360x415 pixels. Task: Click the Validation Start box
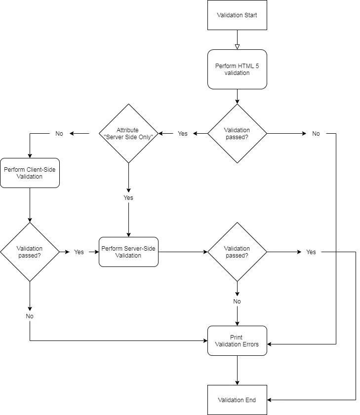coord(237,15)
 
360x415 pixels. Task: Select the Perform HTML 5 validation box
coord(237,69)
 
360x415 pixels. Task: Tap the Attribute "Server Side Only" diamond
coord(128,133)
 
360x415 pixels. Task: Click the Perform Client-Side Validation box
coord(30,173)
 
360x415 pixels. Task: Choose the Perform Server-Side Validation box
coord(128,252)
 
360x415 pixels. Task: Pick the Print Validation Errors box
coord(237,340)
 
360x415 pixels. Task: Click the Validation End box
coord(237,400)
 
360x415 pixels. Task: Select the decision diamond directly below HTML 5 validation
coord(237,133)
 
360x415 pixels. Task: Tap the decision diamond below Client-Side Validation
coord(30,252)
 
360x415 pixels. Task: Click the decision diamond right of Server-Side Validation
coord(237,252)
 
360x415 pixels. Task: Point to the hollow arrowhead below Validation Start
coord(237,46)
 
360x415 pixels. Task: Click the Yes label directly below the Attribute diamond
coord(128,197)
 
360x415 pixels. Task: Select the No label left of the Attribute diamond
coord(59,133)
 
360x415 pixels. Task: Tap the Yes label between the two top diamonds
coord(183,133)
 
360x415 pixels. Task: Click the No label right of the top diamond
coord(316,133)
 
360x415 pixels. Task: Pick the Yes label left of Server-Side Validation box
coord(79,252)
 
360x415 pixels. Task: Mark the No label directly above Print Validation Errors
coord(237,301)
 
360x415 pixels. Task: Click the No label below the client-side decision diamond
coord(30,316)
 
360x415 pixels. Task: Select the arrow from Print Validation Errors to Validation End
coord(237,370)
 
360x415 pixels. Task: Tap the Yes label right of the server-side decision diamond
coord(311,252)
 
